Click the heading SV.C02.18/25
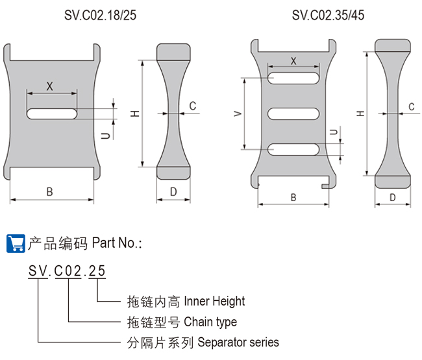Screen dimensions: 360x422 point(99,15)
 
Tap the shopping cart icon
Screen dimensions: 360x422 point(15,243)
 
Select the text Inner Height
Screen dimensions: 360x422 point(214,301)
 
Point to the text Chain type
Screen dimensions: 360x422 point(210,322)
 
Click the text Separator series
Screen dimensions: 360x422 point(237,342)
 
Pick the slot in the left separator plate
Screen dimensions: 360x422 point(52,114)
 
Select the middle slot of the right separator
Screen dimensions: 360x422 point(293,114)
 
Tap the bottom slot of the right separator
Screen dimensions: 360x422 point(293,149)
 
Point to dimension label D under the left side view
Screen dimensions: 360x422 point(173,191)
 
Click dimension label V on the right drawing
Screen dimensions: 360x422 point(238,114)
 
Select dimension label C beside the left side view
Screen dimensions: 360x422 point(193,106)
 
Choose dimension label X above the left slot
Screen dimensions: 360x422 point(49,86)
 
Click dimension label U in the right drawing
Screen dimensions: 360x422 point(333,133)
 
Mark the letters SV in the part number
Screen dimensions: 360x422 point(36,272)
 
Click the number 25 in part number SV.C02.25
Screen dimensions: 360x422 point(97,272)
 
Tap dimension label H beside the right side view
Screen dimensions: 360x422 point(360,114)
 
